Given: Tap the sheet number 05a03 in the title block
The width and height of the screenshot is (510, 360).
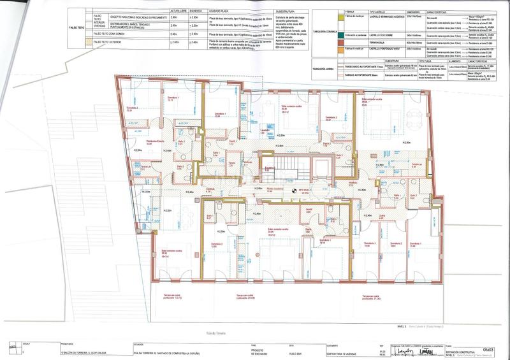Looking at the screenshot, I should click(488, 349).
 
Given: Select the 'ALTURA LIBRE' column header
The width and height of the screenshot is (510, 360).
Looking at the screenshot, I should click(170, 11).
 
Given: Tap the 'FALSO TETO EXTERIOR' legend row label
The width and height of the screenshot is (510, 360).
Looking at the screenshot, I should click(108, 42).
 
